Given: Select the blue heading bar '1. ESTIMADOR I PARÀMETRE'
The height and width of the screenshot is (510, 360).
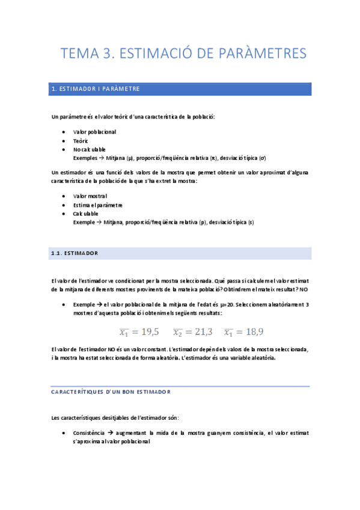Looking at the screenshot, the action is (180, 89).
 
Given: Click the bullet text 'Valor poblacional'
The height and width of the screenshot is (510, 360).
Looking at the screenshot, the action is (94, 131).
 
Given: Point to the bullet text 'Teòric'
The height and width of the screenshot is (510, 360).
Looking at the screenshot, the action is (81, 140).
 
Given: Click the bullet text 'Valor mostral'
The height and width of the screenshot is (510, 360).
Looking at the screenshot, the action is (90, 196).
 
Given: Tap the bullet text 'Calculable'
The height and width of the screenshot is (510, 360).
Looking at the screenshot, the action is (85, 214).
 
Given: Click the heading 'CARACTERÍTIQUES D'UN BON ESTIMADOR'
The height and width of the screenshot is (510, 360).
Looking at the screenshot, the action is (111, 392).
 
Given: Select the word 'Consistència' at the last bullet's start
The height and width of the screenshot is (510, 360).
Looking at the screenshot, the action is (88, 433).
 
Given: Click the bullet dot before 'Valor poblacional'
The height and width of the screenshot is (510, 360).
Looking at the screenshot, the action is (64, 132).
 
